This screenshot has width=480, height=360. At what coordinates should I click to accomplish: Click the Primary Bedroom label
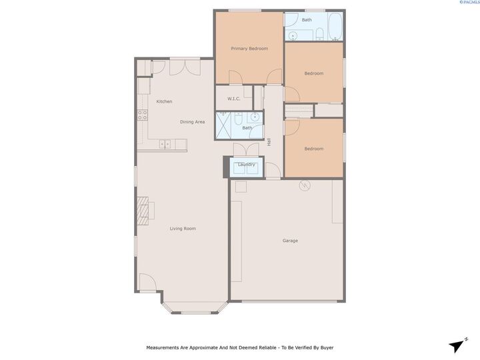click(x=249, y=49)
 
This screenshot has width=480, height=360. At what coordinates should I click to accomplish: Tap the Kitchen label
click(x=164, y=101)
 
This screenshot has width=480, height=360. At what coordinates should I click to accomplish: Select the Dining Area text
click(x=192, y=122)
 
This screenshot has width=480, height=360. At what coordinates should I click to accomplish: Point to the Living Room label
click(x=183, y=229)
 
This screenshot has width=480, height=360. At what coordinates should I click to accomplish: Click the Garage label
click(x=290, y=241)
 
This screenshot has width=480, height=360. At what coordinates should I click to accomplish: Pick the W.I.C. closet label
click(x=233, y=99)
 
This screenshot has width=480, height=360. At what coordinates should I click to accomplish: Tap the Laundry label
click(x=247, y=165)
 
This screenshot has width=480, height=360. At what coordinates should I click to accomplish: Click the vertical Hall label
click(x=269, y=142)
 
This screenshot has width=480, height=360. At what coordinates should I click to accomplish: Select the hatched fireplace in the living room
click(x=143, y=211)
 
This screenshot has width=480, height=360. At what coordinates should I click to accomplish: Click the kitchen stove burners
click(x=143, y=115)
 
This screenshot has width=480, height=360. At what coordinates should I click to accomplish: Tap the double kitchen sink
click(x=165, y=144)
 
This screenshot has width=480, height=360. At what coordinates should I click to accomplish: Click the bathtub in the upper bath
click(x=335, y=27)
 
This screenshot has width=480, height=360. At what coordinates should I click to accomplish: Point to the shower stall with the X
click(x=223, y=125)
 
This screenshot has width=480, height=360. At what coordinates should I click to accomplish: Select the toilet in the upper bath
click(x=319, y=34)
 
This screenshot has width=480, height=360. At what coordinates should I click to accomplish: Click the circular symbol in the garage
click(x=305, y=185)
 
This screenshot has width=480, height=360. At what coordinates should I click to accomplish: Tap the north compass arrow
click(x=457, y=345)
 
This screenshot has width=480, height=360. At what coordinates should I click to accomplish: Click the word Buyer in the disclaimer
click(x=327, y=347)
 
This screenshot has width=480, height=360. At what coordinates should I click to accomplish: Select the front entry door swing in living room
click(x=148, y=282)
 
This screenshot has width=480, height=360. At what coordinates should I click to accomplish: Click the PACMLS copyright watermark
click(x=469, y=2)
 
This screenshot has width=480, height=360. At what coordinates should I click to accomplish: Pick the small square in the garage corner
click(x=241, y=187)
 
